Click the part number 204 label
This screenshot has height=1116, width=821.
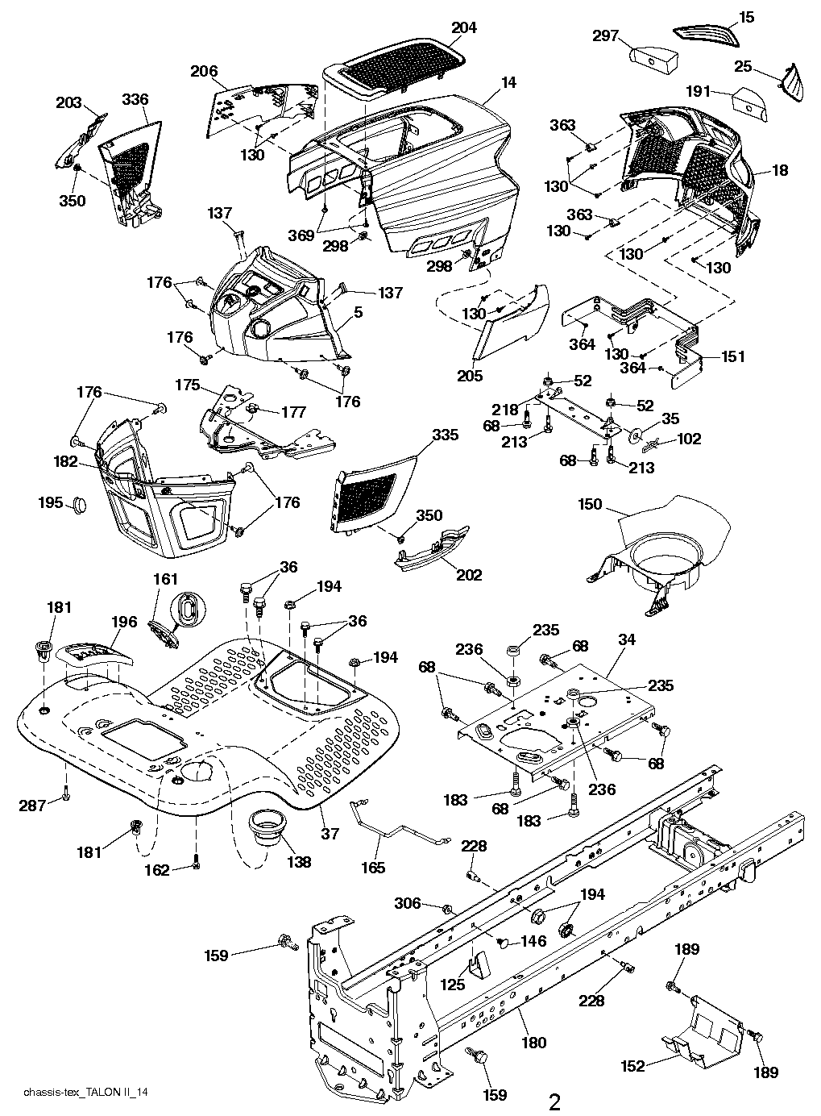tap(464, 27)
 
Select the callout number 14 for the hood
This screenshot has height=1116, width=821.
tap(508, 82)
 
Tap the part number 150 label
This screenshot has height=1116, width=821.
tap(590, 504)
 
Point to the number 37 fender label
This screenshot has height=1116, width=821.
tap(330, 834)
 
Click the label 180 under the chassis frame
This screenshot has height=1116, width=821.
tap(533, 1043)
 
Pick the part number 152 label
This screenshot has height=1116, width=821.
tap(633, 1066)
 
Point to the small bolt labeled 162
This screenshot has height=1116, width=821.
tap(195, 865)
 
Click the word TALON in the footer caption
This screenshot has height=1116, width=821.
tap(106, 1093)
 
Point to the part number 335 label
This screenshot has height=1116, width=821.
tap(445, 435)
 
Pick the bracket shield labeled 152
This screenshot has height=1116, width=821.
tap(701, 1020)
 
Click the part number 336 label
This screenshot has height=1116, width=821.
tap(135, 99)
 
